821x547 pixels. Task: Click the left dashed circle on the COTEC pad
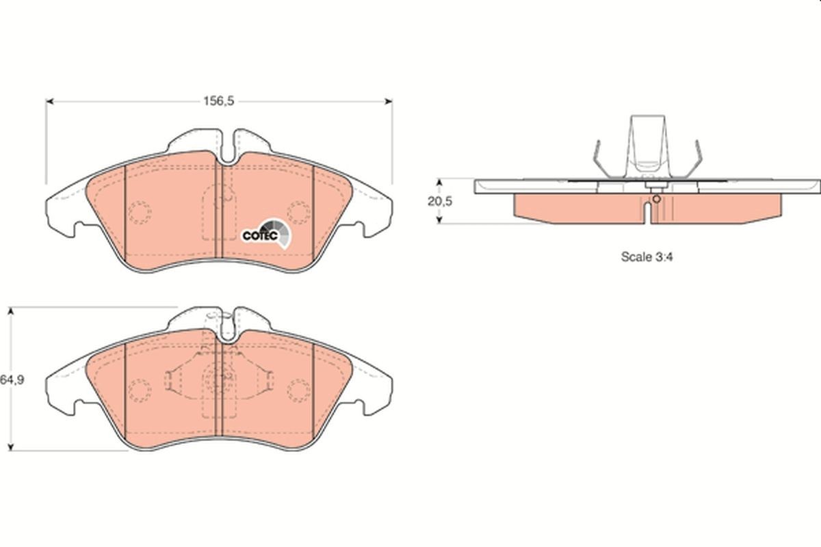[x=140, y=213]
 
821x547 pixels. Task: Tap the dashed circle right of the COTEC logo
[x=298, y=213]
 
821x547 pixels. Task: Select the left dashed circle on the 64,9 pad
[x=140, y=390]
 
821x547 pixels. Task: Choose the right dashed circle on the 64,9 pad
[x=298, y=390]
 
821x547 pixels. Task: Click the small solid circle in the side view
[x=656, y=199]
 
